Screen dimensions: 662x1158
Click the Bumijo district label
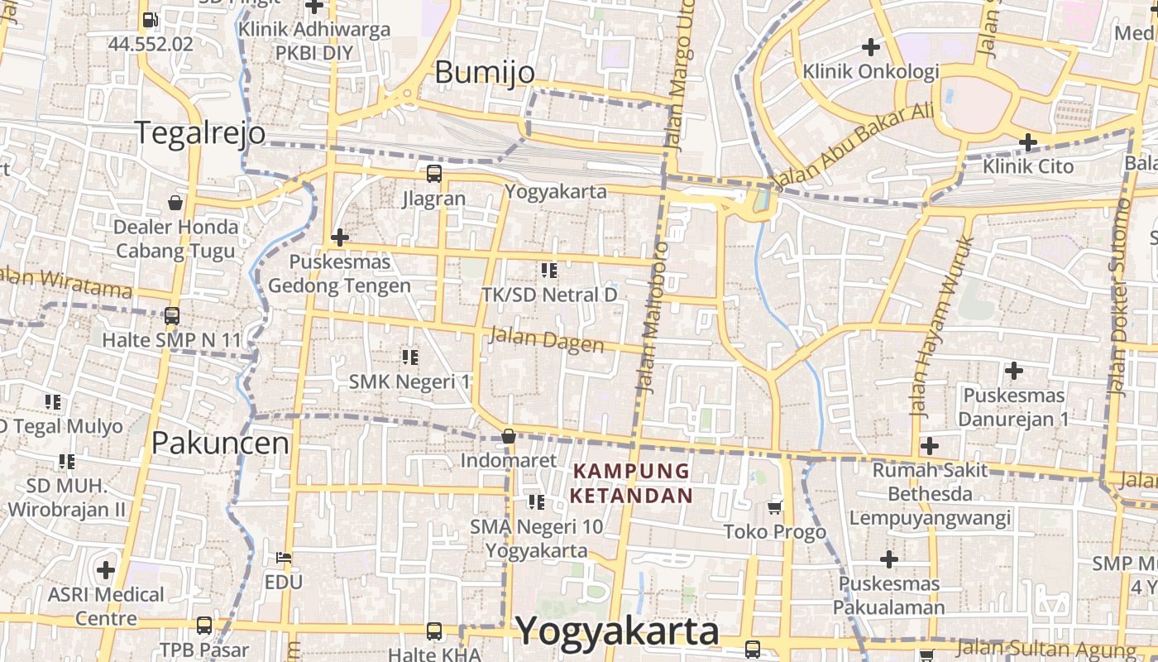[x=485, y=73]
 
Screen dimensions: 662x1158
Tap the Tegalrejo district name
[x=200, y=132]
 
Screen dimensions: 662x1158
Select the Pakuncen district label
[x=220, y=443]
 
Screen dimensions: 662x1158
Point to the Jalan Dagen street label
[x=547, y=339]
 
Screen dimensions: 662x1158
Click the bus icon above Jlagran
[x=433, y=174]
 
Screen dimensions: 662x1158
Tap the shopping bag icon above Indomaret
[x=509, y=436]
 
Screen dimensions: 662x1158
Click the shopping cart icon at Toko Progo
[x=775, y=506]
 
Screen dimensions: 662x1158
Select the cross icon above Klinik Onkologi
[x=870, y=46]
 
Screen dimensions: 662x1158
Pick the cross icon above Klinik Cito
[x=1028, y=142]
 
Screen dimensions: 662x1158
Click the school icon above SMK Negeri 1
[x=409, y=357]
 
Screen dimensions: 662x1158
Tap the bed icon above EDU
[x=284, y=557]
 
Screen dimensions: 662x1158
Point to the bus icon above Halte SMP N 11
[x=171, y=315]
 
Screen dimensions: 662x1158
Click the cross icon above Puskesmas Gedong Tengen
[x=339, y=237]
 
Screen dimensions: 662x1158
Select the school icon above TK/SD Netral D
[x=548, y=270]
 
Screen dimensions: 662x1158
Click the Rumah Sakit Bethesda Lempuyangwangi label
[x=930, y=494]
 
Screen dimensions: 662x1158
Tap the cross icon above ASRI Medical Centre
[x=106, y=569]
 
